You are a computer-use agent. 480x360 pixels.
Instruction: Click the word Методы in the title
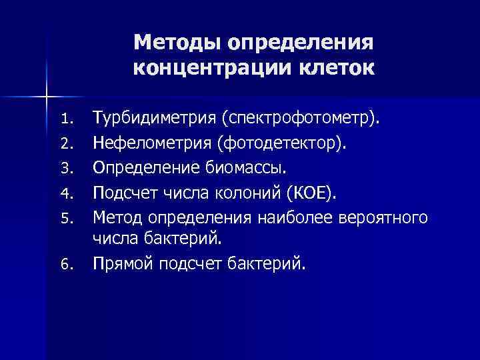click(177, 43)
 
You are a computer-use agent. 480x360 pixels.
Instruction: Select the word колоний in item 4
click(251, 193)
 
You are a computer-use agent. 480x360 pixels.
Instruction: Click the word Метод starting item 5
click(118, 217)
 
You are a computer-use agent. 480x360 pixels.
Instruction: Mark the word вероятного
click(384, 217)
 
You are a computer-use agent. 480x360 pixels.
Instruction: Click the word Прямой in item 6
click(122, 265)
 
